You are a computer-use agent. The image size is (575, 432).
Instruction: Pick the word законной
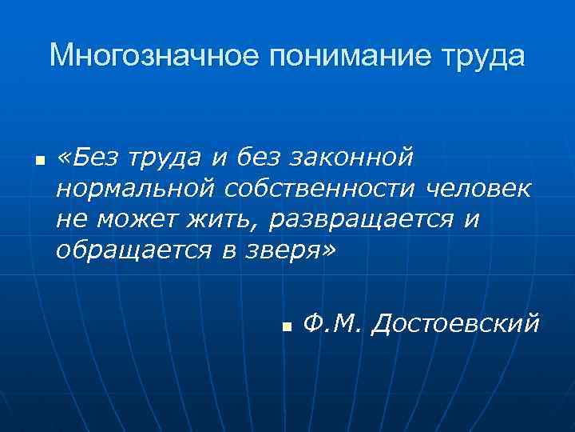[355, 158]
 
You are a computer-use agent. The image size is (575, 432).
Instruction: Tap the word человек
[478, 189]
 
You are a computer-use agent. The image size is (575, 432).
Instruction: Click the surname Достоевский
[455, 324]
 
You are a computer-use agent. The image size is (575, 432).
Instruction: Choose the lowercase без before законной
[260, 158]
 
